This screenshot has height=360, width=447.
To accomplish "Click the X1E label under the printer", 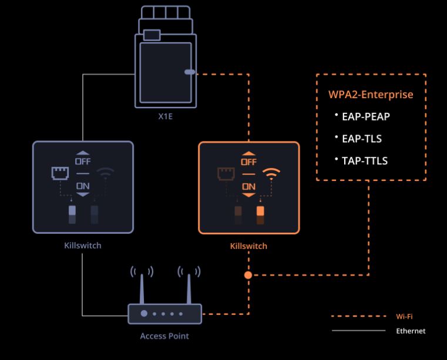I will coord(165,116).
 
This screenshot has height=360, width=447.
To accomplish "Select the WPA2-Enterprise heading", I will coord(371,95).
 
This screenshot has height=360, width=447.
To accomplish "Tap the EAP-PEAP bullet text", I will coord(366,116).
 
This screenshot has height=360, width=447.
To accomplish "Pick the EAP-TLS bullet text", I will coord(362,139).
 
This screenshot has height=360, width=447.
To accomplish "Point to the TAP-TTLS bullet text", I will coord(365,161).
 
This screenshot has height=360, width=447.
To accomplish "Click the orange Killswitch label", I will coord(248,246).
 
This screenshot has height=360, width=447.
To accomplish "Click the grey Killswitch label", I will coord(82,245).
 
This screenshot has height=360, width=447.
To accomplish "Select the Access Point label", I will coord(164,337).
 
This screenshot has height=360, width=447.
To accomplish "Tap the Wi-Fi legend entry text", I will coord(405,317).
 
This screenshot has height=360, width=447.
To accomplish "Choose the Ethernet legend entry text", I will coord(411,331).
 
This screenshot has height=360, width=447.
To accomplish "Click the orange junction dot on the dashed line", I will coord(248,274).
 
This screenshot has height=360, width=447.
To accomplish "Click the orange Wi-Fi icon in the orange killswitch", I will coord(271,173).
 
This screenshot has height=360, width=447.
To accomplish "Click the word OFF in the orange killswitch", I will coord(249,162).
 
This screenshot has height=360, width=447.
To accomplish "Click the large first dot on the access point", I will coord(144,314).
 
